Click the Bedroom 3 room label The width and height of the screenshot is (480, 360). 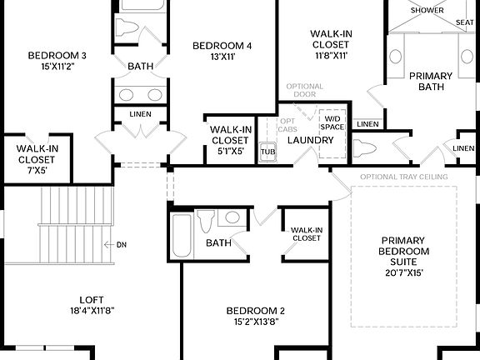click(x=57, y=56)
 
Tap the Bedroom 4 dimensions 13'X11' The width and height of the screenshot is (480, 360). click(x=222, y=57)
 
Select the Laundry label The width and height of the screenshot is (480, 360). click(x=310, y=139)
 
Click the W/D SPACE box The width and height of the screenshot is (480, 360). click(x=332, y=122)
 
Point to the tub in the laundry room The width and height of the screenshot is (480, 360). click(x=267, y=152)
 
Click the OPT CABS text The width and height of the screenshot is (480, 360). click(x=287, y=125)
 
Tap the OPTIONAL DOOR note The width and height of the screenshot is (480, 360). click(x=304, y=90)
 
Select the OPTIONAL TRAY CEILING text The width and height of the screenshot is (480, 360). click(x=404, y=177)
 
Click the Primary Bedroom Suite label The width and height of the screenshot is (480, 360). click(x=403, y=251)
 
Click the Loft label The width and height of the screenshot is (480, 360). click(x=92, y=300)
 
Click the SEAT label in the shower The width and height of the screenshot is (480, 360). click(x=465, y=22)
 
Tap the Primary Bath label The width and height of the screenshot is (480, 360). click(x=430, y=82)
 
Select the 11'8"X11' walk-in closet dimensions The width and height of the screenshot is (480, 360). click(x=331, y=56)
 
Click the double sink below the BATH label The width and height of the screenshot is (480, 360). click(x=139, y=93)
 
